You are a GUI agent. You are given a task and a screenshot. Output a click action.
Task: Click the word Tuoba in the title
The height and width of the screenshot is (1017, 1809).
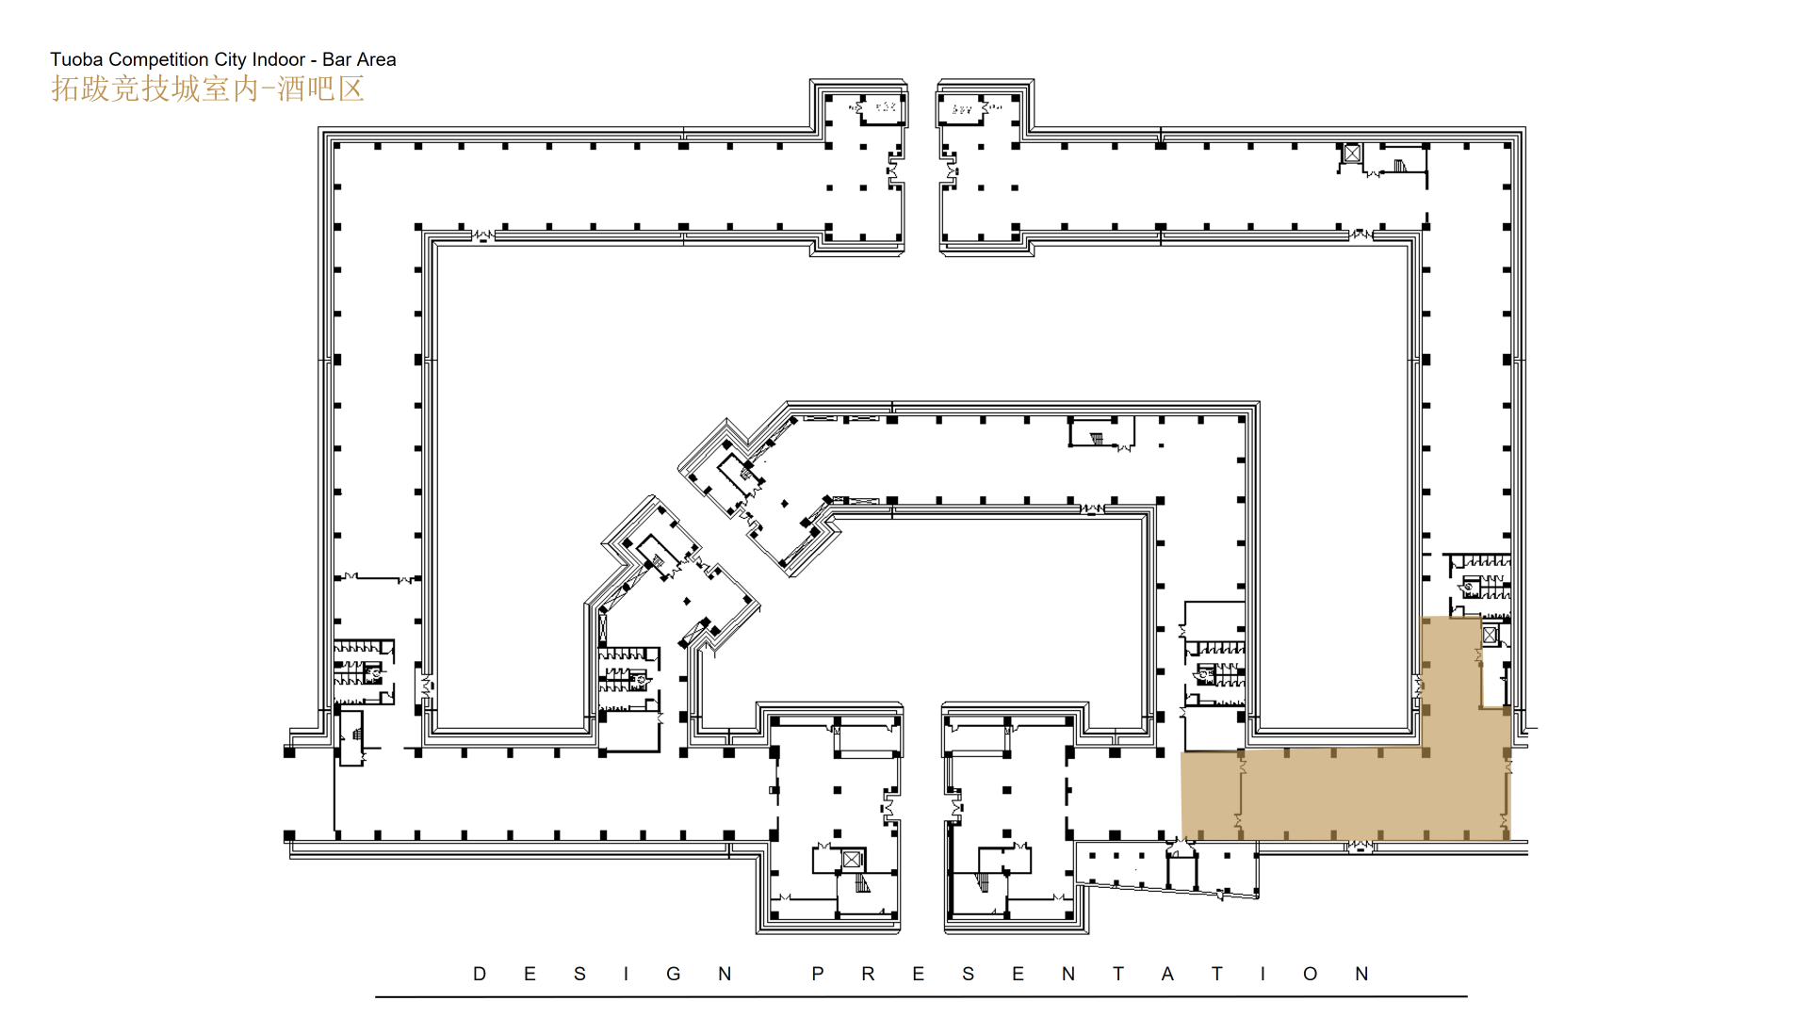point(76,59)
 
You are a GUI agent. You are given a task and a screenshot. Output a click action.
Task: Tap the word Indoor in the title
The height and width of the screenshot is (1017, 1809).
point(278,59)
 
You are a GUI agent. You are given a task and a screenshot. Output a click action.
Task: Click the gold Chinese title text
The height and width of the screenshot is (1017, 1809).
point(207,89)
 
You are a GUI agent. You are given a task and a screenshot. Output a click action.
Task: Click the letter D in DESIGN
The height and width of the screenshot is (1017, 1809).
point(480,974)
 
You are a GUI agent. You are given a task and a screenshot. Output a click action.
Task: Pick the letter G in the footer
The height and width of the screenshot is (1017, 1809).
point(674,974)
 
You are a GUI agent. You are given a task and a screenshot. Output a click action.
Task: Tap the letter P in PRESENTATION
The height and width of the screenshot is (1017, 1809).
point(818,974)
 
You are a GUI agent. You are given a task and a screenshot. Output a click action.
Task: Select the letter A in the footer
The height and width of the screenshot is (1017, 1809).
point(1167,974)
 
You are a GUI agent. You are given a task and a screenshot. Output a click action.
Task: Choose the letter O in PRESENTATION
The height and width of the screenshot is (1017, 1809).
point(1311,974)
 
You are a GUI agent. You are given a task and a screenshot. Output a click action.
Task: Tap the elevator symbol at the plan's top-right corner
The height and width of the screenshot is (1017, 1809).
point(1352,153)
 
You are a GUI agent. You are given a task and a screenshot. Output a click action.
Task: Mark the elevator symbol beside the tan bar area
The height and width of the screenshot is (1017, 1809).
point(1490,636)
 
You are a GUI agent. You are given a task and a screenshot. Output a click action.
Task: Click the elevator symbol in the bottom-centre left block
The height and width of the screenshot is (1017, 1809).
point(852,859)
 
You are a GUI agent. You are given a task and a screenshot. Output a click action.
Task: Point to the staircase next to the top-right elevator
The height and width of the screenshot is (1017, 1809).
point(1400,167)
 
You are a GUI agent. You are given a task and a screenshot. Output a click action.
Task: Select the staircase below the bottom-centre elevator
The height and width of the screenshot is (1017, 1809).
point(862,883)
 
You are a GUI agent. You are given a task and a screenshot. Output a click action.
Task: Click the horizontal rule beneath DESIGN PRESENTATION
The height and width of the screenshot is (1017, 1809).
point(921,996)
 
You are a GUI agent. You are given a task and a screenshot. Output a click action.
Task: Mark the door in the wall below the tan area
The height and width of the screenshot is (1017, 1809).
point(1359,847)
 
